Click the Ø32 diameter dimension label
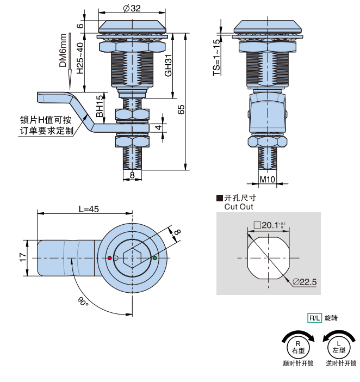[x=132, y=8]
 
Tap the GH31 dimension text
[x=169, y=65]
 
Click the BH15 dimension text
[x=100, y=107]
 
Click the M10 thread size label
[x=266, y=178]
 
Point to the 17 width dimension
[x=22, y=257]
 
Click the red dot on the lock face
[x=110, y=257]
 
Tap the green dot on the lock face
[x=155, y=257]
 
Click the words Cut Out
[x=239, y=207]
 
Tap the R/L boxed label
[x=314, y=318]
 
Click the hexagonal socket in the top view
[x=132, y=257]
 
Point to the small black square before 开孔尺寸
[x=220, y=198]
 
